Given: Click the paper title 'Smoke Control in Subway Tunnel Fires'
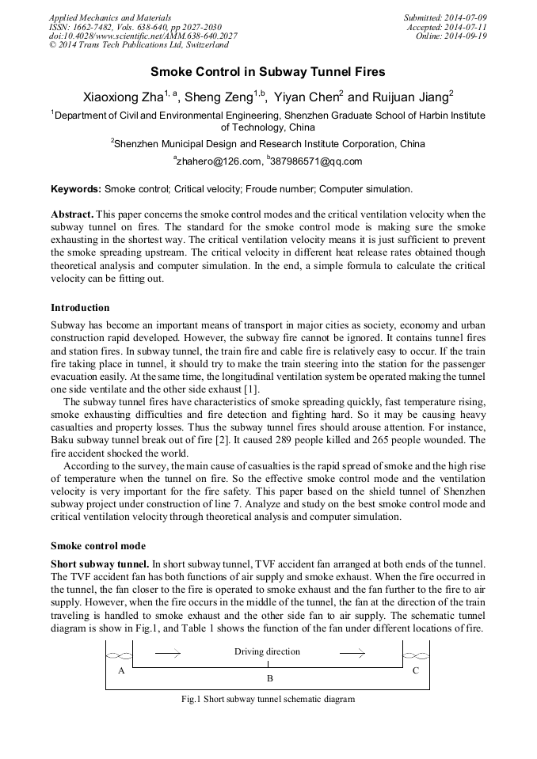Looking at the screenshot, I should pyautogui.click(x=268, y=72).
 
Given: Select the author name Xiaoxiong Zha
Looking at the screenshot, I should pyautogui.click(x=123, y=97).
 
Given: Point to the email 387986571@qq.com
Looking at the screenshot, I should pyautogui.click(x=316, y=161).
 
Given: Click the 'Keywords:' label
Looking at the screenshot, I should pyautogui.click(x=76, y=190).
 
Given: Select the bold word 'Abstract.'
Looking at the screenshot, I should pyautogui.click(x=72, y=214).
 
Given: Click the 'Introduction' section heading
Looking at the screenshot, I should pyautogui.click(x=80, y=308).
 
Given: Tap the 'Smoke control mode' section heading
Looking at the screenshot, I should pyautogui.click(x=97, y=546).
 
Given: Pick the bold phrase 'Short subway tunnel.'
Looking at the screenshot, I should pyautogui.click(x=100, y=564).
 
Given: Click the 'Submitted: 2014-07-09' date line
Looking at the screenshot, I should pyautogui.click(x=445, y=17).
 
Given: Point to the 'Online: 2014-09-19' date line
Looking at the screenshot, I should pyautogui.click(x=451, y=36).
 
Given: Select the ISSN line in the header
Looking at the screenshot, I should pyautogui.click(x=135, y=27).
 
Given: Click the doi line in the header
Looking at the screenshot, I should pyautogui.click(x=143, y=36).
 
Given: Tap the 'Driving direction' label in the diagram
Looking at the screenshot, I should pyautogui.click(x=267, y=651).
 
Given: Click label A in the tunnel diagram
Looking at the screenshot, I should pyautogui.click(x=121, y=670).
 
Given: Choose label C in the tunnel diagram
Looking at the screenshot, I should pyautogui.click(x=415, y=670).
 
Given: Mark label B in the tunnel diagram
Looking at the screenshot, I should pyautogui.click(x=269, y=679).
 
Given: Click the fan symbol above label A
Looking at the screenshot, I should pyautogui.click(x=119, y=655).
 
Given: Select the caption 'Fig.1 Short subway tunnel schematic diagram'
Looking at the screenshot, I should pyautogui.click(x=268, y=700).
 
